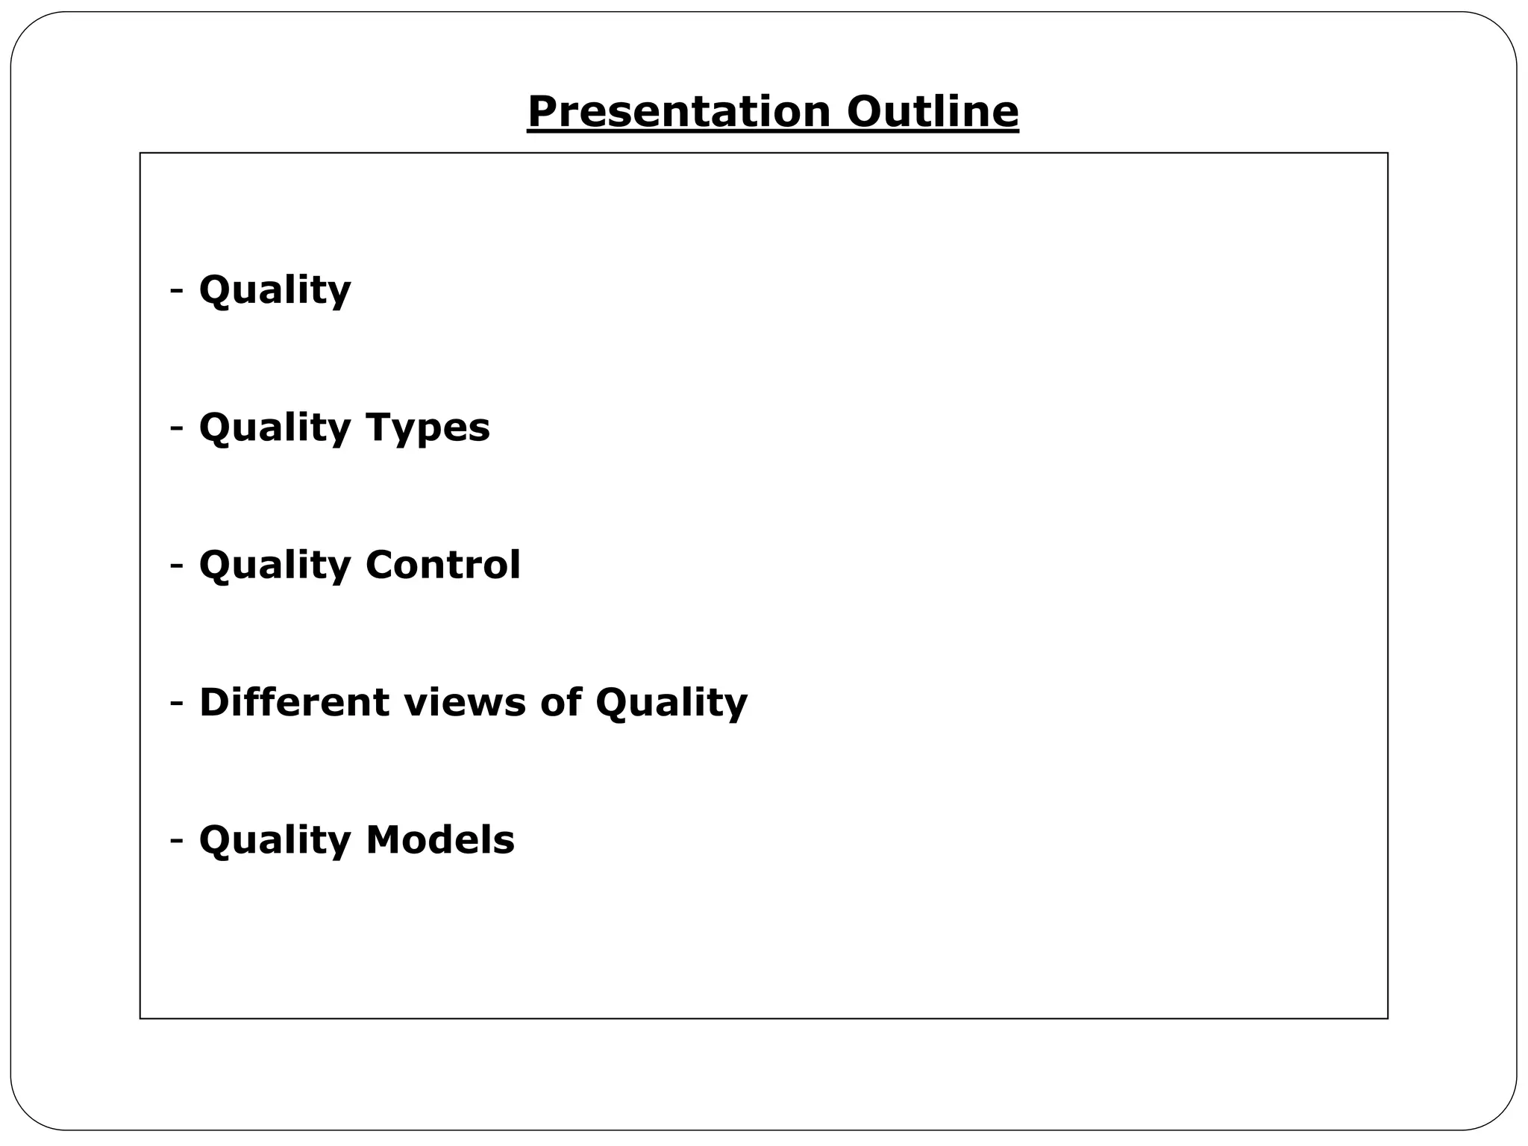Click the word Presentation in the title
(x=678, y=112)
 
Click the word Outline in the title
(x=933, y=112)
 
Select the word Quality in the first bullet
(x=275, y=289)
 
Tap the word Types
(x=428, y=428)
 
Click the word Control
(x=442, y=565)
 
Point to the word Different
(x=294, y=702)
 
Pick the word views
(x=465, y=702)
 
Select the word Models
(x=439, y=839)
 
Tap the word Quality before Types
(x=275, y=428)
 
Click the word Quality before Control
(x=275, y=565)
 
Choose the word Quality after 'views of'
(x=671, y=704)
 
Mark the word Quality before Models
(x=275, y=840)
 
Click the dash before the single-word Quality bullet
(x=177, y=289)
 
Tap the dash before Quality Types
(x=177, y=428)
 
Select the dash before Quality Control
(x=177, y=565)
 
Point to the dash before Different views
(x=177, y=702)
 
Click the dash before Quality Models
(x=177, y=839)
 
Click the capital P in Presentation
(x=542, y=112)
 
